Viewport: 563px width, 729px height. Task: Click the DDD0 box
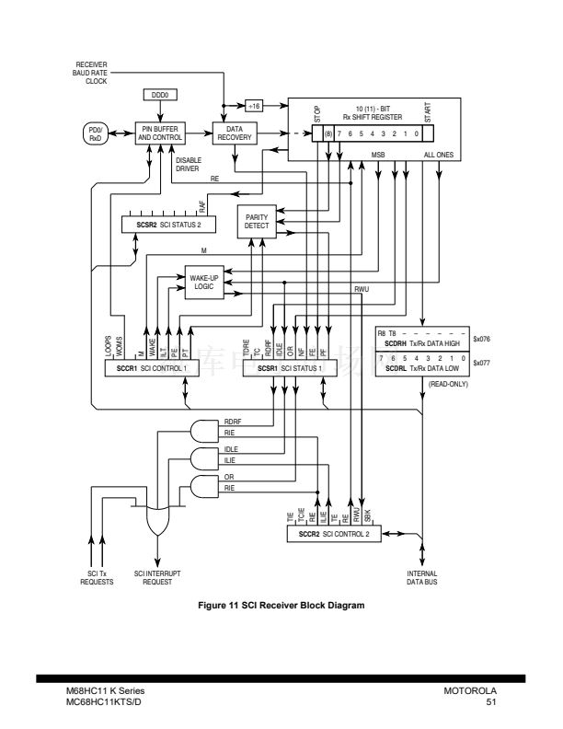click(x=161, y=96)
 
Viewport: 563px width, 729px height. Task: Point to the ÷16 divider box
click(x=255, y=105)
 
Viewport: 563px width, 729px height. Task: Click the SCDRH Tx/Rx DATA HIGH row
click(x=423, y=342)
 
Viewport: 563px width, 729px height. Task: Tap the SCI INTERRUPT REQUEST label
click(x=151, y=578)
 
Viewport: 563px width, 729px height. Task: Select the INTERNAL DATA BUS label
click(x=422, y=577)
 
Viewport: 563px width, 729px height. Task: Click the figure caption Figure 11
click(x=281, y=605)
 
